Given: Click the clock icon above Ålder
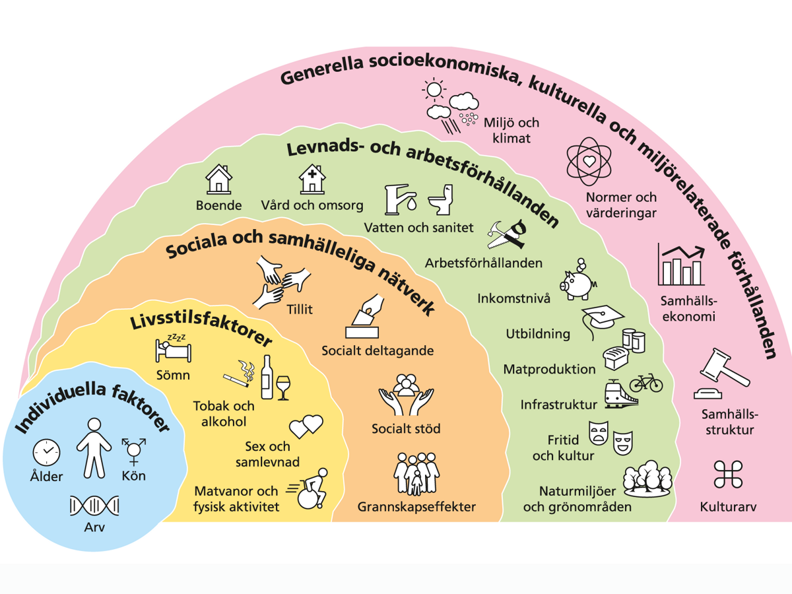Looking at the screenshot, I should coord(46,452).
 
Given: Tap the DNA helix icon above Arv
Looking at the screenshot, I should coord(94,506).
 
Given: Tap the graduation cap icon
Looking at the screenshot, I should coord(601,318).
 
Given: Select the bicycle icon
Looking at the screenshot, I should coord(645,382).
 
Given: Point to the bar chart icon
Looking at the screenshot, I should coord(680,265).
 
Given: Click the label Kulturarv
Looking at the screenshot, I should coord(728,508).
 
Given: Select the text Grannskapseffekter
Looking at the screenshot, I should coord(416,507).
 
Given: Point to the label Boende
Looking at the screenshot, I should coord(219,205).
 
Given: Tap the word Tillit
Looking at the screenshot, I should coord(300,308).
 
